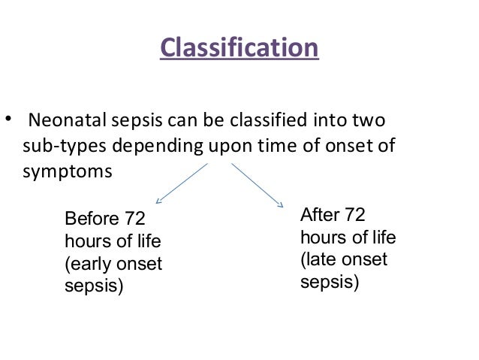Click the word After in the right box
320,216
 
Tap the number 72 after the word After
355,216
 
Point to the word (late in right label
318,260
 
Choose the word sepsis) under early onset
94,286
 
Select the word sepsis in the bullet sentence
140,120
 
